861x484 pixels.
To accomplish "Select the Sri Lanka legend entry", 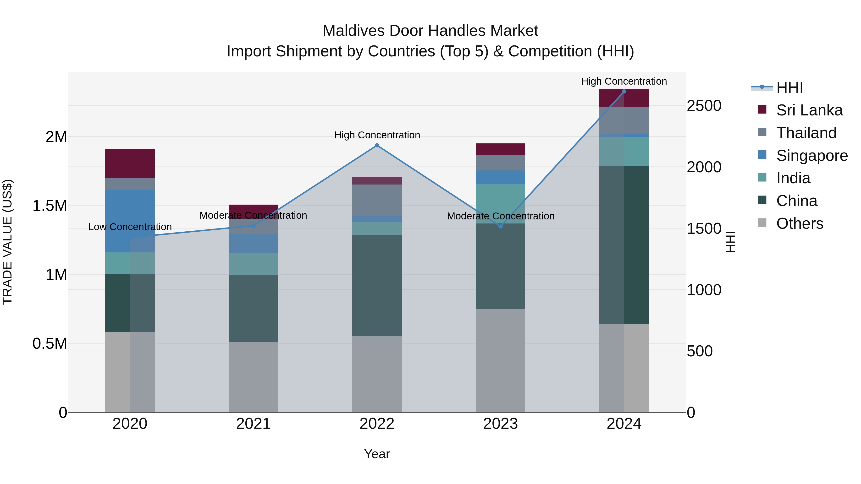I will pos(809,110).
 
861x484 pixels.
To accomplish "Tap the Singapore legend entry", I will pos(811,156).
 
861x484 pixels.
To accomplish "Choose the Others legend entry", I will pos(800,223).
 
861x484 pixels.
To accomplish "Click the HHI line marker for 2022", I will pos(377,145).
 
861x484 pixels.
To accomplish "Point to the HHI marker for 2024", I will pos(624,92).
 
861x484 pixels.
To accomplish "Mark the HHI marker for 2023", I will pos(500,227).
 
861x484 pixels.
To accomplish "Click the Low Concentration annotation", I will pos(130,227).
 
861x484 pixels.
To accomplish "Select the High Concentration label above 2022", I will pos(377,135).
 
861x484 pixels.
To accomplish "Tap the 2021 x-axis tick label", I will pos(253,424).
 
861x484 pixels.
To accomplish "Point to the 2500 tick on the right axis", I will pos(704,106).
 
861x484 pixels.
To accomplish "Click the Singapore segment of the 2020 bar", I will pos(130,221).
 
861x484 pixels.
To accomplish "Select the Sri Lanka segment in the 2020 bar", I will pos(130,163).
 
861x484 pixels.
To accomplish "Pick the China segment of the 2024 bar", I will pos(624,245).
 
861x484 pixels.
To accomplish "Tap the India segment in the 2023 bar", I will pos(500,204).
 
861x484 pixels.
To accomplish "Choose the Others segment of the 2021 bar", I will pos(253,377).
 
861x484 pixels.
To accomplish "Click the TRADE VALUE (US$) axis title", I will pos(7,242).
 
